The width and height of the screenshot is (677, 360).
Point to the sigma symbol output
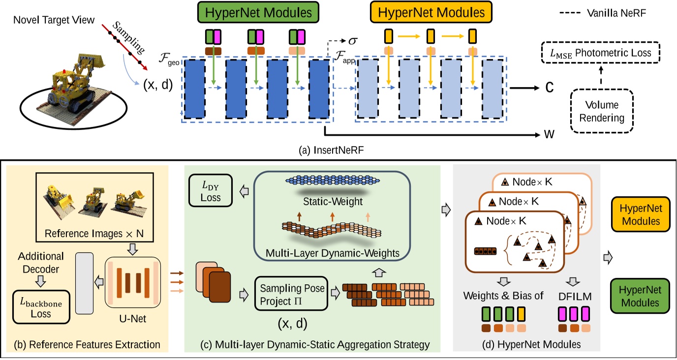352,39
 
